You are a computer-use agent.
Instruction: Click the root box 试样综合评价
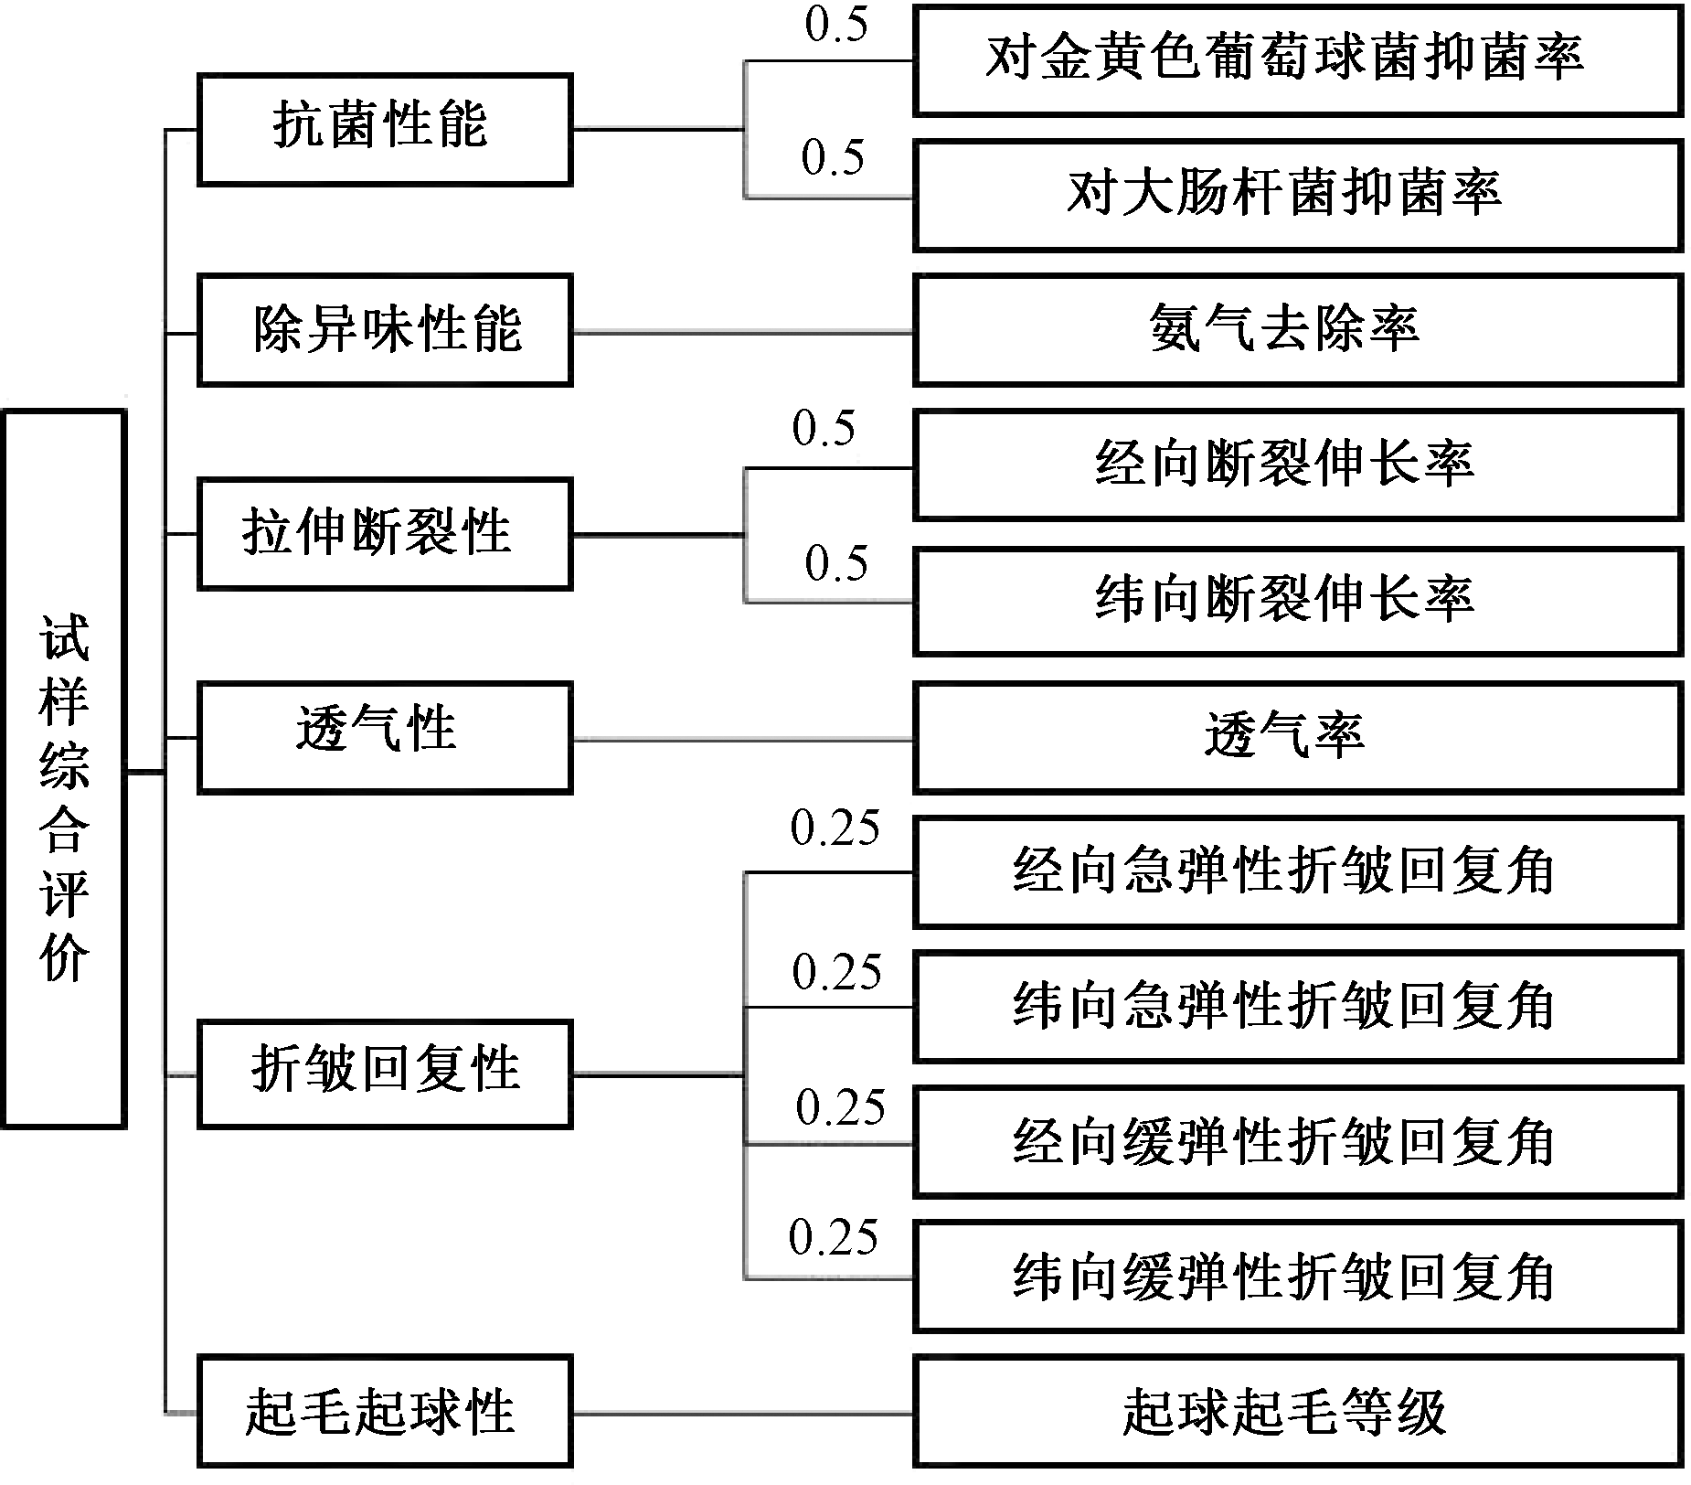64,768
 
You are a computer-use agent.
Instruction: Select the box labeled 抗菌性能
384,129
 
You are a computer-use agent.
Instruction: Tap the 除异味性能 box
384,331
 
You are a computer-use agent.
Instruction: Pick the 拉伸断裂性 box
384,534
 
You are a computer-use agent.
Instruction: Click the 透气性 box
384,737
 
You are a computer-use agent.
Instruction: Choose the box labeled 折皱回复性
384,1074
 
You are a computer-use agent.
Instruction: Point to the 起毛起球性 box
384,1412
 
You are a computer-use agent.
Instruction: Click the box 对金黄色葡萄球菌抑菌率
1297,60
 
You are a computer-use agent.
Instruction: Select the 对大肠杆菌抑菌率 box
1297,196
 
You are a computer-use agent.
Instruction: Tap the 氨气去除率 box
1297,331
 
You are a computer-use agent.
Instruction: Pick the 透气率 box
1297,737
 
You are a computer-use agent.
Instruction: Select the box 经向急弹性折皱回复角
1297,872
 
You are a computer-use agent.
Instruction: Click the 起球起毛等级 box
1297,1412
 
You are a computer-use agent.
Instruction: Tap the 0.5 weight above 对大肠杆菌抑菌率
833,158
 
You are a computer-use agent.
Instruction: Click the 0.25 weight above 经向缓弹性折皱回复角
840,1108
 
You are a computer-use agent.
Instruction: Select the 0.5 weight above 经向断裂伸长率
824,429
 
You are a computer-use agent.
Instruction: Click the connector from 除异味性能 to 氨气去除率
742,333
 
